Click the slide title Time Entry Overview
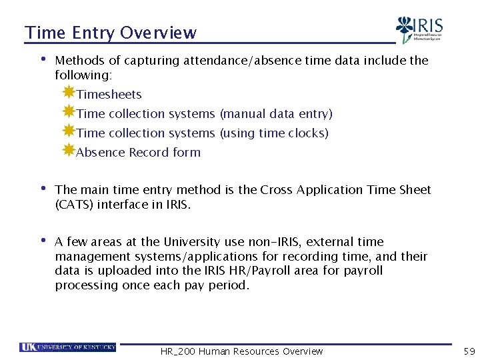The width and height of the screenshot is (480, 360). pos(111,33)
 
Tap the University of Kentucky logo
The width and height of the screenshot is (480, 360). pos(68,347)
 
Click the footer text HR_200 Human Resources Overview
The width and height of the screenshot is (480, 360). pos(241,351)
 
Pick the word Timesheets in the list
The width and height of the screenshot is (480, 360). pos(109,95)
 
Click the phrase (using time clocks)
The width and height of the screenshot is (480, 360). pos(274,133)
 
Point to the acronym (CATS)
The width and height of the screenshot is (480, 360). pos(74,205)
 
